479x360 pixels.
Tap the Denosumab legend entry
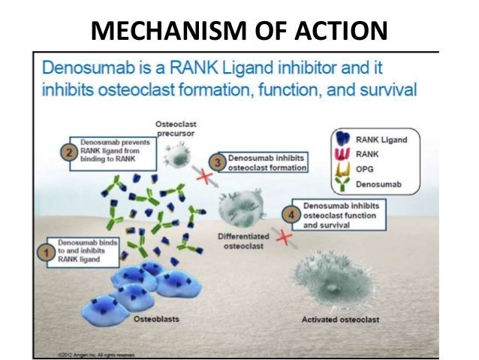pos(379,182)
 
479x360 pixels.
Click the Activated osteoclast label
pos(340,320)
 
